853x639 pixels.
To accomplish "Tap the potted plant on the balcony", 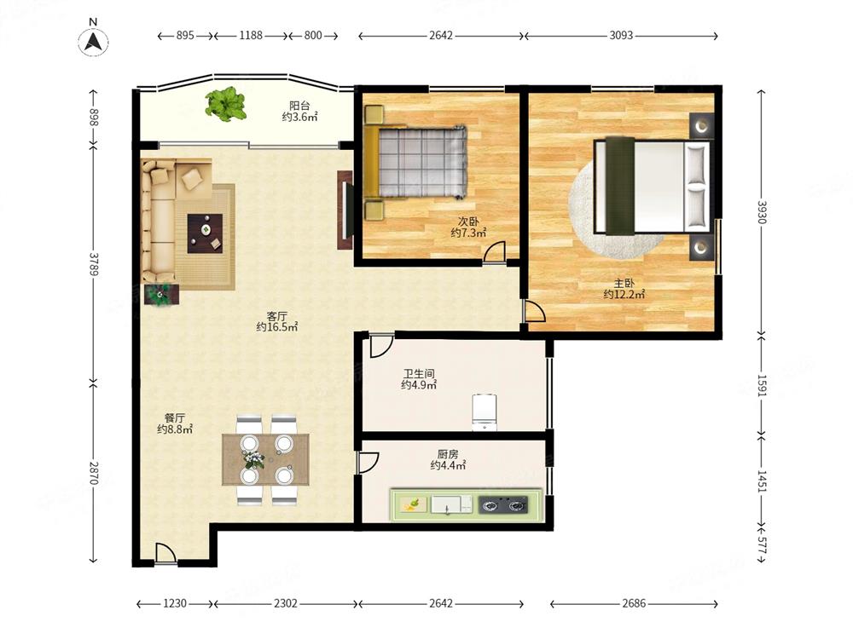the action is pos(225,103).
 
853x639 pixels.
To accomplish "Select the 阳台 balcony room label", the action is pos(299,105).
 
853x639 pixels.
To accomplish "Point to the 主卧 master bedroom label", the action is pos(624,283).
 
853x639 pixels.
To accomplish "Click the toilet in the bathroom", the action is pos(485,411).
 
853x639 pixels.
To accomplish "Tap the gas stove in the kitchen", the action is pos(503,504).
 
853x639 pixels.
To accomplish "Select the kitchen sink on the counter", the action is pos(451,504).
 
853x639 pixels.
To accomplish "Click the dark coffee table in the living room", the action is pos(205,233).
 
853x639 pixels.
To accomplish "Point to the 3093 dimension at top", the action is pos(621,35).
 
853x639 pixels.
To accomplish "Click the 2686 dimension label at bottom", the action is pos(634,603).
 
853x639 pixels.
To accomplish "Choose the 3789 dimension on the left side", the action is pos(94,264).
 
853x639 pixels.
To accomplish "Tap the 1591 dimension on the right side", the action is pos(762,386).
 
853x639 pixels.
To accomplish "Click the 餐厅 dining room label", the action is pos(175,417).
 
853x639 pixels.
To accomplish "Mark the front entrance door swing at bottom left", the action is pos(165,553).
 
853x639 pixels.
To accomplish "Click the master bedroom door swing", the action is pos(534,310).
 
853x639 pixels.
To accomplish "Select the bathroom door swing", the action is pos(381,346).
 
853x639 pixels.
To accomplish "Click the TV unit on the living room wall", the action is pos(345,210).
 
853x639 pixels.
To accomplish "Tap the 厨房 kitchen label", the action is pos(448,454).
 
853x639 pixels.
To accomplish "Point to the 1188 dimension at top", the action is pos(251,35).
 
